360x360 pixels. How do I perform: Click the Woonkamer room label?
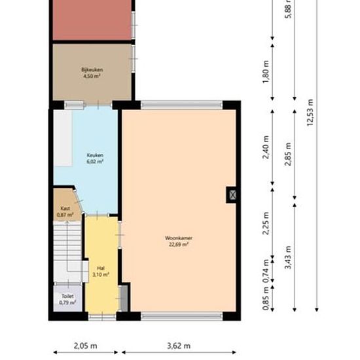pyautogui.click(x=179, y=238)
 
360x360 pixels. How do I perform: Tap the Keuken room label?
pyautogui.click(x=95, y=155)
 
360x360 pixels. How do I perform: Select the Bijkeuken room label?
pyautogui.click(x=92, y=69)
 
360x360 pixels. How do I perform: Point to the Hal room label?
pyautogui.click(x=101, y=268)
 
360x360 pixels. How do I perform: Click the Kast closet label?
pyautogui.click(x=65, y=208)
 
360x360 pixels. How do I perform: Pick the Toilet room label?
pyautogui.click(x=67, y=296)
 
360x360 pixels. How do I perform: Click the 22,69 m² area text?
pyautogui.click(x=179, y=245)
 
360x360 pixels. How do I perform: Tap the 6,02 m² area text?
pyautogui.click(x=95, y=162)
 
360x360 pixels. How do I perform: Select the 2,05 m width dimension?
pyautogui.click(x=85, y=346)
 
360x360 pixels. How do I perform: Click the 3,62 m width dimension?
pyautogui.click(x=179, y=346)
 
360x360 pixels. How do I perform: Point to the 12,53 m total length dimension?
pyautogui.click(x=310, y=113)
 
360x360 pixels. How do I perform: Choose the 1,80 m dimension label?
pyautogui.click(x=266, y=72)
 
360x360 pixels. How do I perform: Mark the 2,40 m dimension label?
pyautogui.click(x=266, y=147)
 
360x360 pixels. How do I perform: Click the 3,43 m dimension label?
pyautogui.click(x=288, y=257)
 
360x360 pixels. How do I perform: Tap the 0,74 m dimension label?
pyautogui.click(x=266, y=271)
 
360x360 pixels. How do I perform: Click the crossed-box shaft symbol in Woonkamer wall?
pyautogui.click(x=232, y=195)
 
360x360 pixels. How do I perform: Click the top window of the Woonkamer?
pyautogui.click(x=181, y=105)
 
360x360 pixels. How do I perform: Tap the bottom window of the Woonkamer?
pyautogui.click(x=181, y=316)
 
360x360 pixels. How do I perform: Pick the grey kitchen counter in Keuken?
pyautogui.click(x=63, y=138)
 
